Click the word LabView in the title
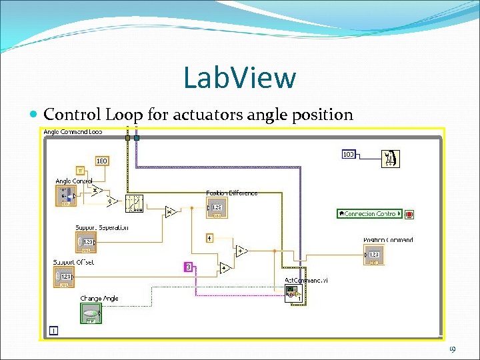(239, 77)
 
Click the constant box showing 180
(102, 161)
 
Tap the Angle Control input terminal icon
(65, 195)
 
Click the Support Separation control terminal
(86, 242)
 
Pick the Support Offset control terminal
(64, 277)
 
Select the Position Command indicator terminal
(374, 255)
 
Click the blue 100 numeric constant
(348, 155)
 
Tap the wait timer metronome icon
(390, 158)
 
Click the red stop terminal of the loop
(409, 214)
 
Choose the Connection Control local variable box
(370, 214)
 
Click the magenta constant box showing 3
(189, 267)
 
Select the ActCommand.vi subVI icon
(293, 292)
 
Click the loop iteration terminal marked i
(53, 330)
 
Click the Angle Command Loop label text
(73, 132)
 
